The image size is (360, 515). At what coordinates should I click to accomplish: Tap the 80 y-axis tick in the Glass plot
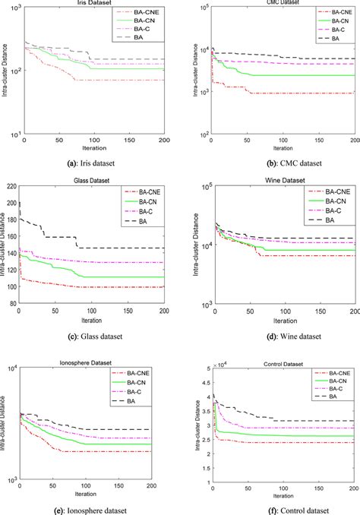[x=12, y=303]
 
